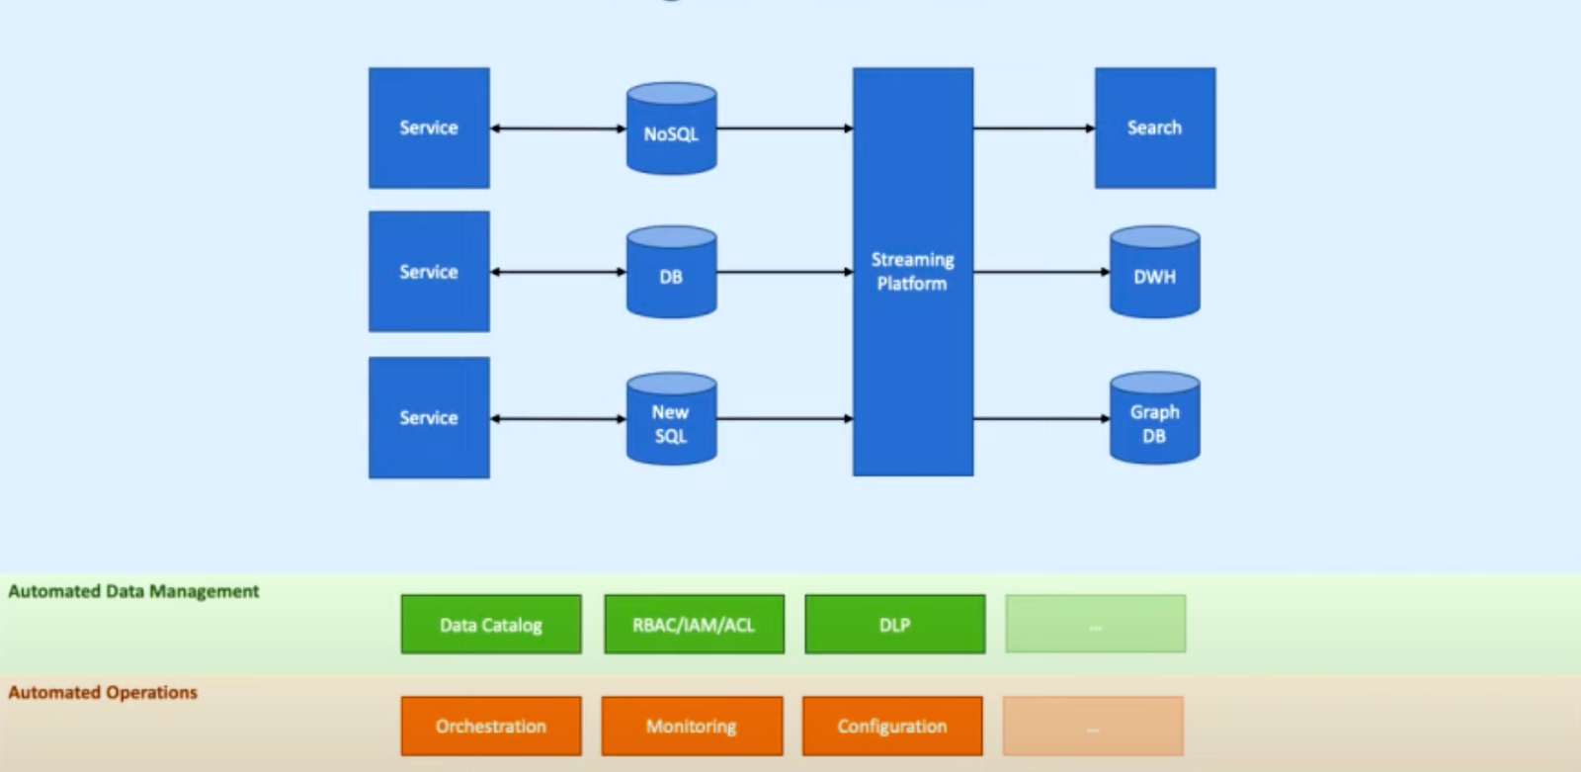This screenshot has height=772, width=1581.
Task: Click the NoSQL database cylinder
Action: coord(671,129)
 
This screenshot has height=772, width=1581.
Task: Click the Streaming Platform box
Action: coord(912,271)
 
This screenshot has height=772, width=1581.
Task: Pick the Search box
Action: coord(1154,128)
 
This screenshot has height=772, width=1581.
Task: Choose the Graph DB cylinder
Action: coord(1154,419)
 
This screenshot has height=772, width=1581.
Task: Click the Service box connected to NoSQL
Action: coord(429,128)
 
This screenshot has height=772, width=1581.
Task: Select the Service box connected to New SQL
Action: coord(429,417)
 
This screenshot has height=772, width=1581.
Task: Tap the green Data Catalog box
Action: coord(491,624)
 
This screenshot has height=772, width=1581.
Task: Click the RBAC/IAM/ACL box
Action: coord(694,624)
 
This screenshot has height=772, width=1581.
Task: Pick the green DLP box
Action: coord(894,624)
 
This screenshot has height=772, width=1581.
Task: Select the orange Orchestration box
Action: coord(491,726)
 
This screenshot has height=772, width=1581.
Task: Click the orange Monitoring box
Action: coord(692,726)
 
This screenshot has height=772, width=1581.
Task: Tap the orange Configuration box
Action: coord(892,726)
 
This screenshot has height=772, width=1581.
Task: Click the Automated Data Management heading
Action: coord(133,591)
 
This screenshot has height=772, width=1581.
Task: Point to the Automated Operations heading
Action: coord(103,692)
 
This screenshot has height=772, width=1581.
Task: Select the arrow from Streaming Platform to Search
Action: coord(1034,128)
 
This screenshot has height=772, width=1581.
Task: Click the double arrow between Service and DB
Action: coord(558,272)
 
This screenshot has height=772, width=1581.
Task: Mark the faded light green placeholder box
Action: coord(1095,624)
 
